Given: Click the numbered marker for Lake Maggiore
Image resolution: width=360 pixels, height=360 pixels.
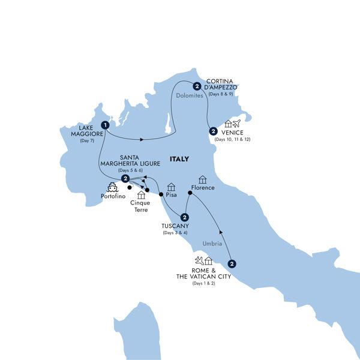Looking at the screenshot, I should [x=106, y=125].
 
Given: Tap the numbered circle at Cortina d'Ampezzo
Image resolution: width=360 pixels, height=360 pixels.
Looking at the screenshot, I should [x=196, y=86].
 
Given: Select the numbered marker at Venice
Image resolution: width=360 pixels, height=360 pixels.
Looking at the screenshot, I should [x=212, y=131].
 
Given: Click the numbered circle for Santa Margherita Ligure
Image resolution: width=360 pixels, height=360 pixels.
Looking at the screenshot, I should [x=125, y=179].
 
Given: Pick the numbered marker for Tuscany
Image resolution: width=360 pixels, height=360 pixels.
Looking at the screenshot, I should [x=185, y=218].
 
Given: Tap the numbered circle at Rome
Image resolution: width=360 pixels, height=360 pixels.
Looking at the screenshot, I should [x=232, y=262].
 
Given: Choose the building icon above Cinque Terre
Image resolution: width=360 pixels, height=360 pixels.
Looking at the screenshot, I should [x=142, y=195].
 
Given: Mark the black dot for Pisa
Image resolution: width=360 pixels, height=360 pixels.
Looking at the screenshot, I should [x=161, y=194].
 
